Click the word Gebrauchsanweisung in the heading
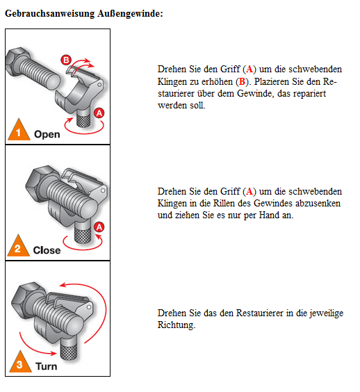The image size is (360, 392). pos(50,13)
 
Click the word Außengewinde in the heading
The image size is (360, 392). pos(129,13)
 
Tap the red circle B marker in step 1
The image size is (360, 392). pos(66,60)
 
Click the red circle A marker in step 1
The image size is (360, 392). pos(99,113)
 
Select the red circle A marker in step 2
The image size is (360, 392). pos(99,227)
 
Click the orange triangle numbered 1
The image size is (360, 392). pos(19,129)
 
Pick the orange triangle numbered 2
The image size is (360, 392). pos(18,245)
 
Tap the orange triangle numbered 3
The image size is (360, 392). pos(20,361)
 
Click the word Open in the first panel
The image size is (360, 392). pos(47,135)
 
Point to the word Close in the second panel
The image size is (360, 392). pos(47,250)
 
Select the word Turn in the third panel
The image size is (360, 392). pos(47,366)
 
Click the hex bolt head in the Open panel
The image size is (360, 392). pos(17,60)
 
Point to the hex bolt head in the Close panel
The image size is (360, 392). pos(40,182)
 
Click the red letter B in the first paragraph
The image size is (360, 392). pos(242,81)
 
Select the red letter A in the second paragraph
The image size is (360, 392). pos(249,192)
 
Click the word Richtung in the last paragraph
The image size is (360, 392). pos(177,325)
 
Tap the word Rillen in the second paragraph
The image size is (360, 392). pos(224,203)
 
